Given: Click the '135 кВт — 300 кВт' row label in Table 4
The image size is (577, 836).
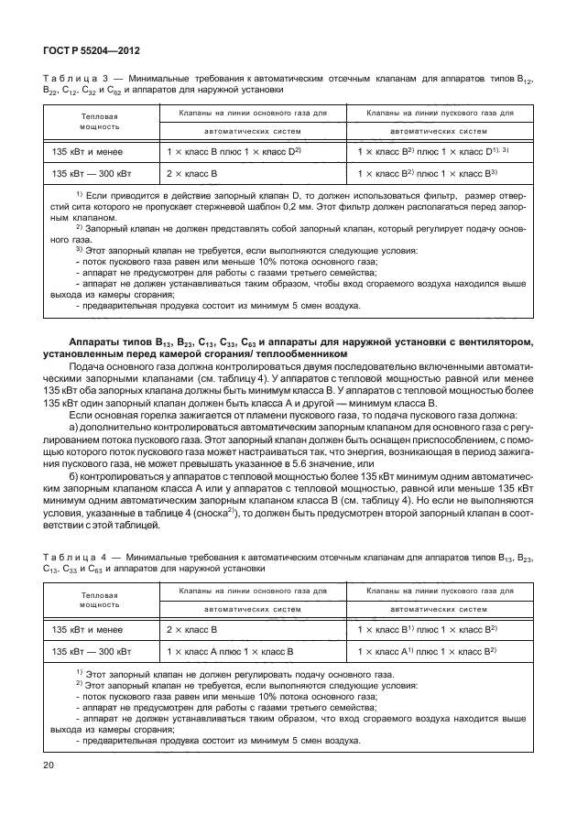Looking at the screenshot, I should click(92, 652).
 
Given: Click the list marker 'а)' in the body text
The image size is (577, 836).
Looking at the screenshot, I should click(75, 428).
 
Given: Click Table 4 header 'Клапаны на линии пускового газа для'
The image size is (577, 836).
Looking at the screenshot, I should click(439, 593).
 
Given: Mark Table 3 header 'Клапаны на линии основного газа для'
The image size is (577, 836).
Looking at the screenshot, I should click(246, 113).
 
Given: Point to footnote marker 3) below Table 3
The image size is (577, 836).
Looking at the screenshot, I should click(80, 249).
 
